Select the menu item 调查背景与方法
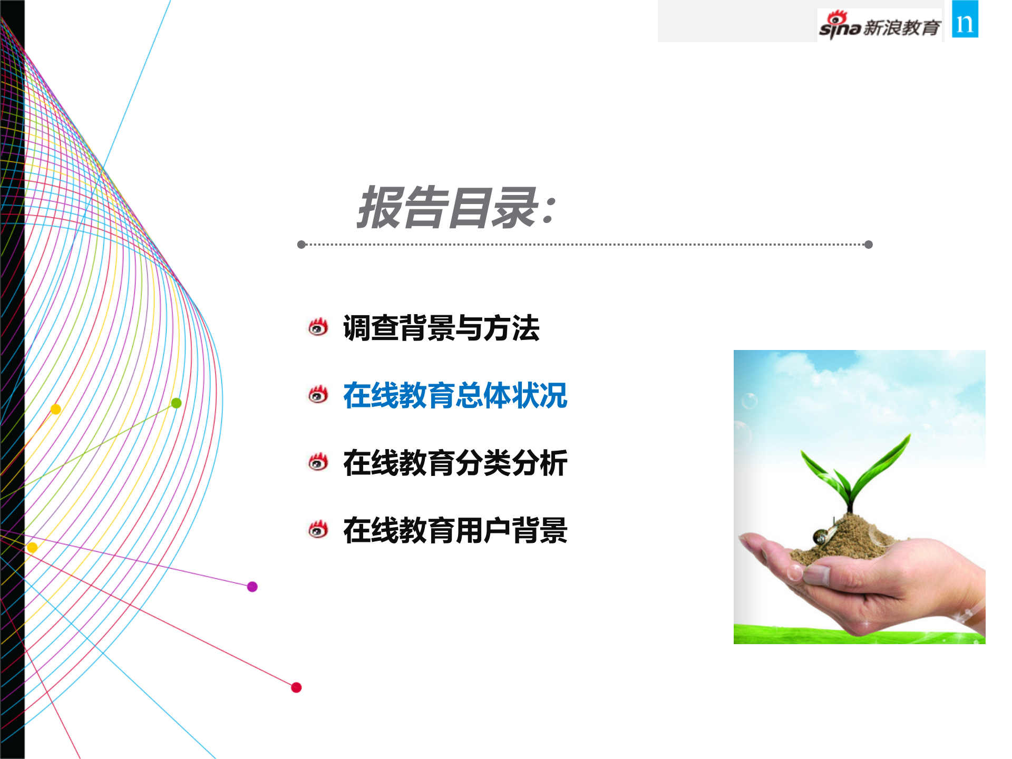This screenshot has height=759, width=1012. [441, 328]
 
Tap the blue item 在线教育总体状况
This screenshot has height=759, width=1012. [455, 395]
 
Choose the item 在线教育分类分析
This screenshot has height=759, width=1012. [455, 463]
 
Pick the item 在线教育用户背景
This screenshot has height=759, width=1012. [455, 530]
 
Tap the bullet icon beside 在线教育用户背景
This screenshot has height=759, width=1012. [318, 530]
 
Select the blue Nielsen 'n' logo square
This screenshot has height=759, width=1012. [965, 20]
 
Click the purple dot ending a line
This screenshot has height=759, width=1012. [252, 587]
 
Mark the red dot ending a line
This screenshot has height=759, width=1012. [296, 687]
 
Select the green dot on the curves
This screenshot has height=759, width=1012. [177, 403]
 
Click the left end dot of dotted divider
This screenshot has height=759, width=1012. [301, 245]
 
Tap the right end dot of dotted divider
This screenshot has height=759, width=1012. [869, 245]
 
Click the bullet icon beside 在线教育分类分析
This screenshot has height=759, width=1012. [318, 462]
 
